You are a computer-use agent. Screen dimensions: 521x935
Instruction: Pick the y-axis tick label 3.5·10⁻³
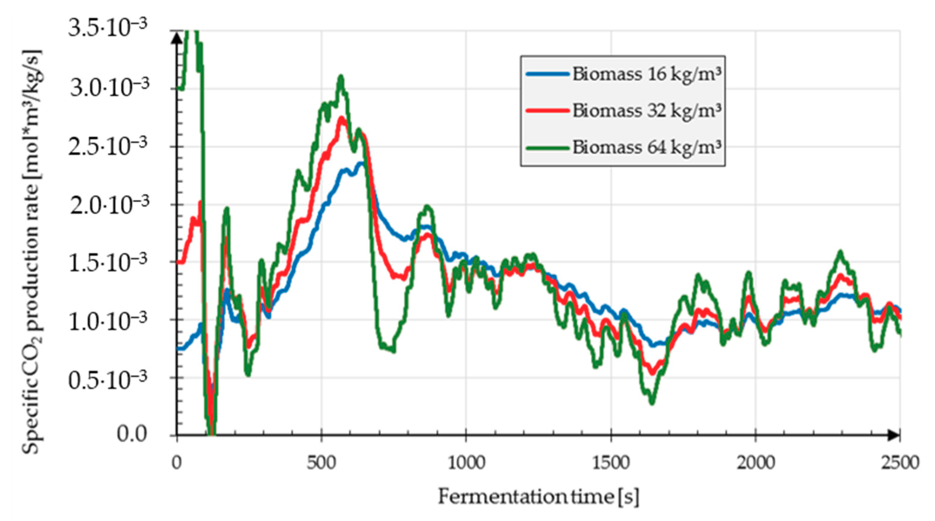[x=108, y=28]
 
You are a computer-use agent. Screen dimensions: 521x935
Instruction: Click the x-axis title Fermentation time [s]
[x=538, y=497]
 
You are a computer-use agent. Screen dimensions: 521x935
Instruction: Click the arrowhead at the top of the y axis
[x=177, y=38]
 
